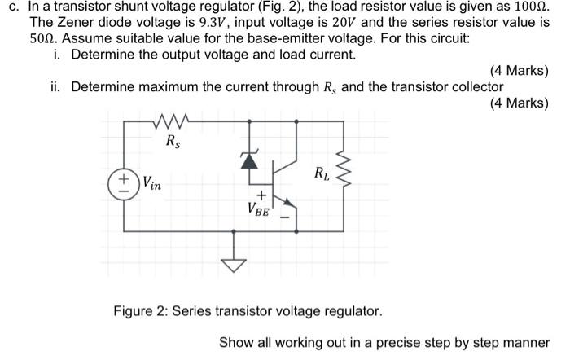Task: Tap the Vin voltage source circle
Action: pos(126,182)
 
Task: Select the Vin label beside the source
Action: pos(152,185)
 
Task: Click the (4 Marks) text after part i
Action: pos(520,71)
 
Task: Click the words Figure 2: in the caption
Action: pos(140,311)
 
